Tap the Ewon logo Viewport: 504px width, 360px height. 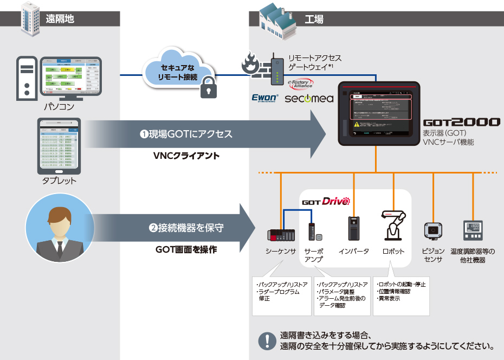[x=265, y=98]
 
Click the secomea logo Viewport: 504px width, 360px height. [x=305, y=99]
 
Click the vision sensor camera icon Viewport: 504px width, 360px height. [x=432, y=230]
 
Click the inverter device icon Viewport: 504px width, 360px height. [x=353, y=228]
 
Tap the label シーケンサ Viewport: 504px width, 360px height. [x=281, y=252]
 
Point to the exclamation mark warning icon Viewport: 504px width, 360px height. [x=267, y=340]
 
